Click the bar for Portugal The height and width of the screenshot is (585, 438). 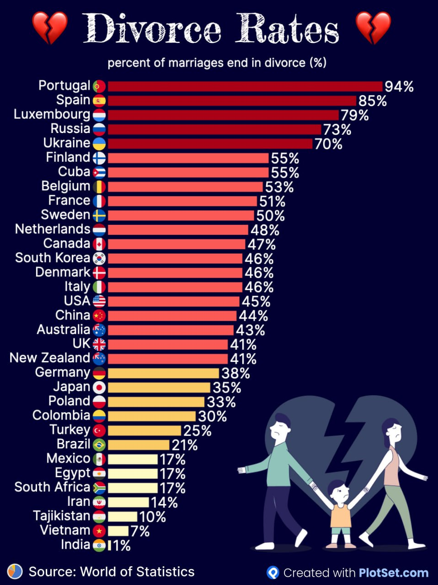pyautogui.click(x=245, y=86)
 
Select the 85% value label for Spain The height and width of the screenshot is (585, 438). pyautogui.click(x=373, y=101)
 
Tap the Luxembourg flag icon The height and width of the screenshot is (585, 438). pyautogui.click(x=99, y=115)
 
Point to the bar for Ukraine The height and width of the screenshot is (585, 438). pyautogui.click(x=210, y=144)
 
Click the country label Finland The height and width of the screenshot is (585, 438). pyautogui.click(x=68, y=157)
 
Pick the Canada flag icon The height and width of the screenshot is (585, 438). pyautogui.click(x=99, y=244)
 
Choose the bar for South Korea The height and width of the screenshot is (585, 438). pyautogui.click(x=175, y=259)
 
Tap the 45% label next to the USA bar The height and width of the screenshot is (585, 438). pyautogui.click(x=256, y=302)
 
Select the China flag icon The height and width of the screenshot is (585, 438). pyautogui.click(x=99, y=316)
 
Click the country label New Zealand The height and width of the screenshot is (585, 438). pyautogui.click(x=50, y=358)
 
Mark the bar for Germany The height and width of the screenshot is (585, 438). pyautogui.click(x=163, y=373)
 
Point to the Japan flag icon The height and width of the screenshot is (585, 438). pyautogui.click(x=99, y=388)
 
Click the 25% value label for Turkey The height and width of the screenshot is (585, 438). pyautogui.click(x=198, y=431)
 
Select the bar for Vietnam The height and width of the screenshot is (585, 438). pyautogui.click(x=118, y=531)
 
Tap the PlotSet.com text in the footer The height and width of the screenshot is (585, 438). pyautogui.click(x=394, y=573)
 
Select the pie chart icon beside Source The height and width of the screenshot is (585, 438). pyautogui.click(x=15, y=571)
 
